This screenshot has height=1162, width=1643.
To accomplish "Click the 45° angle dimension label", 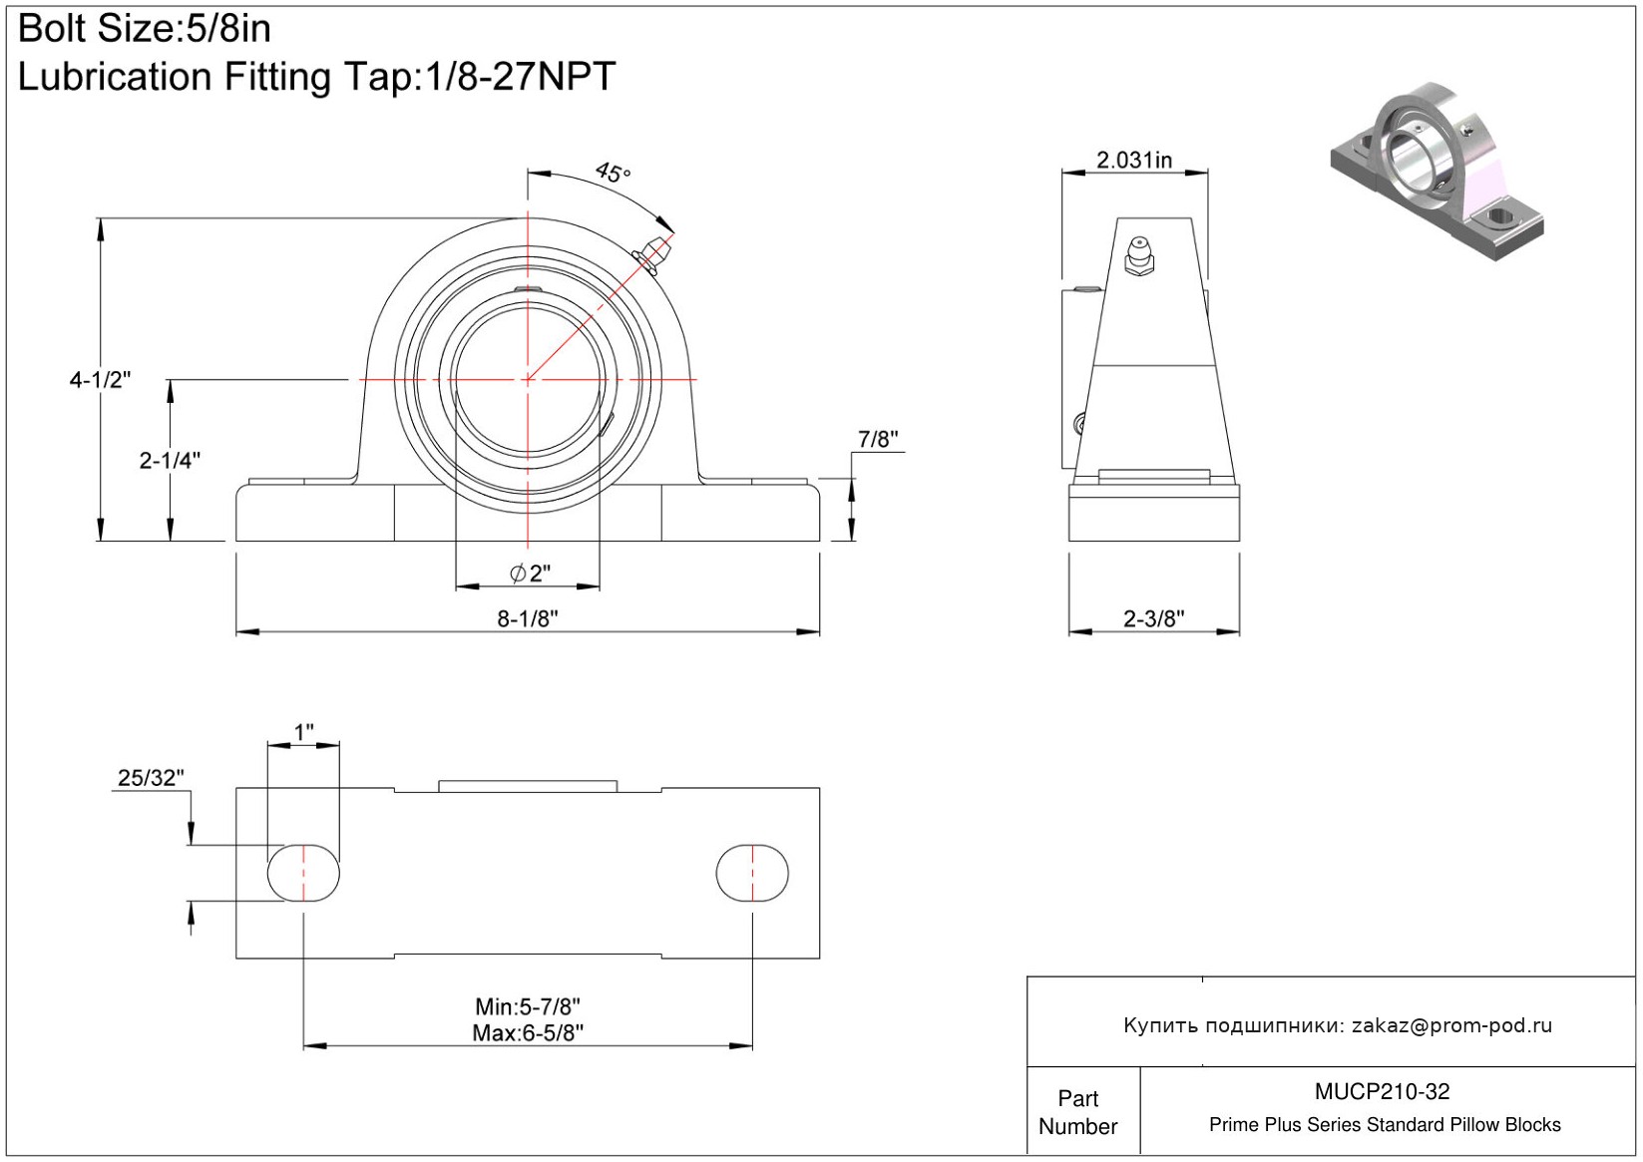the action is click(613, 173).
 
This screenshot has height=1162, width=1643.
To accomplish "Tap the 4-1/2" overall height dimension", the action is click(100, 380).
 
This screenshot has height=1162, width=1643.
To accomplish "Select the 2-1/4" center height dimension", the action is click(170, 461).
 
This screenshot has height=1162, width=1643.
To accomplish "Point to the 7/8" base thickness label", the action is click(878, 439).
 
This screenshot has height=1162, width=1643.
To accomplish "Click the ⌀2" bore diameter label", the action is click(530, 573).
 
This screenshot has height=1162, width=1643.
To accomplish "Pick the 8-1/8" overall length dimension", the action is click(528, 619).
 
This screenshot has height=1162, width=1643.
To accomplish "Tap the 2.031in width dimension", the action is click(1134, 160).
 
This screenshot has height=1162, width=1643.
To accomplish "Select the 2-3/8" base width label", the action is click(1154, 619).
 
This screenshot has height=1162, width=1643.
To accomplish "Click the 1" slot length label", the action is click(303, 732).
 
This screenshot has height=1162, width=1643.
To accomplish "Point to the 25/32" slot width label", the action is click(151, 778).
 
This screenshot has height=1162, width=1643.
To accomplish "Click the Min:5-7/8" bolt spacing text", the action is click(528, 1006).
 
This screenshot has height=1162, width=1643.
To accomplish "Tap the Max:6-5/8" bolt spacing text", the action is click(528, 1033).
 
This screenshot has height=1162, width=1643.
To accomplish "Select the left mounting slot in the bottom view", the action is click(303, 873).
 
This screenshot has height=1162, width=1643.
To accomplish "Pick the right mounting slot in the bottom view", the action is click(752, 873).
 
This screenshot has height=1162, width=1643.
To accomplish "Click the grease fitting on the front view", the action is click(652, 253).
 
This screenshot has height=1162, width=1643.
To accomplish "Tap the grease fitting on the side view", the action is click(1139, 256).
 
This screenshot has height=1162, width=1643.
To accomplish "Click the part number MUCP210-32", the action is click(1382, 1091).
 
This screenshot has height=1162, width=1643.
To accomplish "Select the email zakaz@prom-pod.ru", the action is click(1451, 1025).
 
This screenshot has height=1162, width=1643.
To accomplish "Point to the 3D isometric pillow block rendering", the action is click(1437, 172).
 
